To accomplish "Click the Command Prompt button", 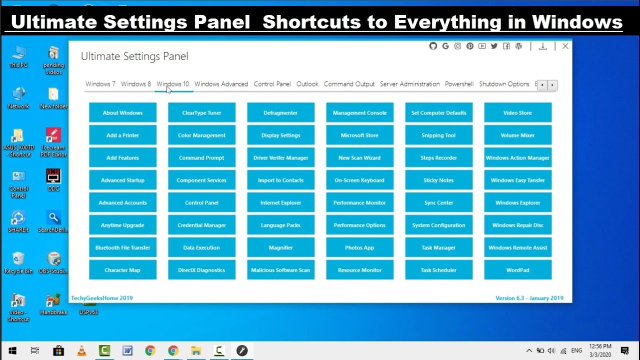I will coord(201,158).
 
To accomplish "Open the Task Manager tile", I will coord(438,248).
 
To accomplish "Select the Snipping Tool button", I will coord(438,135).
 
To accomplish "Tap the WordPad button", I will coord(517,270).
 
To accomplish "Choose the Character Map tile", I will coord(122,270).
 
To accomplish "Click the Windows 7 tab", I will coord(100,84).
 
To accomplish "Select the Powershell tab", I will coord(459,84).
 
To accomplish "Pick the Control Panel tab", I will coord(272,84).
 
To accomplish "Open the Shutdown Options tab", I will coord(504,84).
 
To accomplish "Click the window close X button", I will coord(565,46).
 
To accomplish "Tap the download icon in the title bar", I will coord(542,46).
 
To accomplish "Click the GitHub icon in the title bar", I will coord(433,46).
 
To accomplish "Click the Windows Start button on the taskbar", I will coord(12,350).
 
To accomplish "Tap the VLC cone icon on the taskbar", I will coord(81,350).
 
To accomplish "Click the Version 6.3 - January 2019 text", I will coord(529,298).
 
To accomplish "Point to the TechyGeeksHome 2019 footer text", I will coord(102,298).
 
